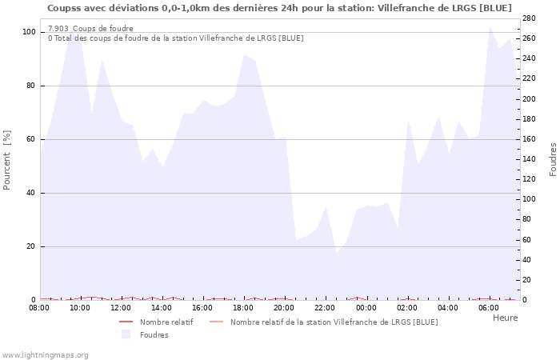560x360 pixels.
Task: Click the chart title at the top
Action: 279,8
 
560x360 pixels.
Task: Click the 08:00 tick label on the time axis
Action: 39,307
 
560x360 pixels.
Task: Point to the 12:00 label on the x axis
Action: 121,307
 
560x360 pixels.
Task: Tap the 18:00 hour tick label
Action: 243,307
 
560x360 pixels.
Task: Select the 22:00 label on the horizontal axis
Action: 325,307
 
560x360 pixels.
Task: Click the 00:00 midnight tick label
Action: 366,307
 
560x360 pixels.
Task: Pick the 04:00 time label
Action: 447,307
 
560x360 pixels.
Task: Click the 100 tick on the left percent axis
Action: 29,32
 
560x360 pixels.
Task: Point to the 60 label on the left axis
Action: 30,139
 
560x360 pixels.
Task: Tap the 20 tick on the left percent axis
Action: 30,246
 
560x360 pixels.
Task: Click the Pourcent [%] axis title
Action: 8,160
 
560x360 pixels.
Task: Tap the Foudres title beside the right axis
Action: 553,159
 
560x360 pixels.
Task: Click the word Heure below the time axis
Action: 505,318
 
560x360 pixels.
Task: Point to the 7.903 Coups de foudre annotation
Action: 90,29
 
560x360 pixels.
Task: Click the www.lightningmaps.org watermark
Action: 45,354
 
